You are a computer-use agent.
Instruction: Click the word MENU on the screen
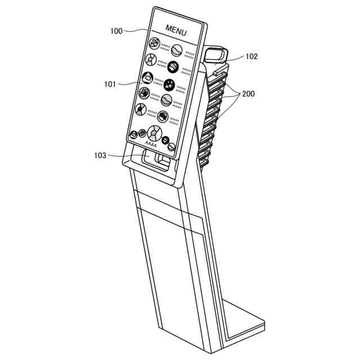point(176,29)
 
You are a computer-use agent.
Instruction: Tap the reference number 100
point(116,31)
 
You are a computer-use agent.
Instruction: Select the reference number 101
point(110,84)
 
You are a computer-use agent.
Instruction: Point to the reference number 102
point(251,56)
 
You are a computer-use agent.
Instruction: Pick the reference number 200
point(248,94)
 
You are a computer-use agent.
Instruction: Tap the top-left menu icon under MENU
point(154,42)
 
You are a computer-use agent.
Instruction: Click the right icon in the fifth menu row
point(163,116)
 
